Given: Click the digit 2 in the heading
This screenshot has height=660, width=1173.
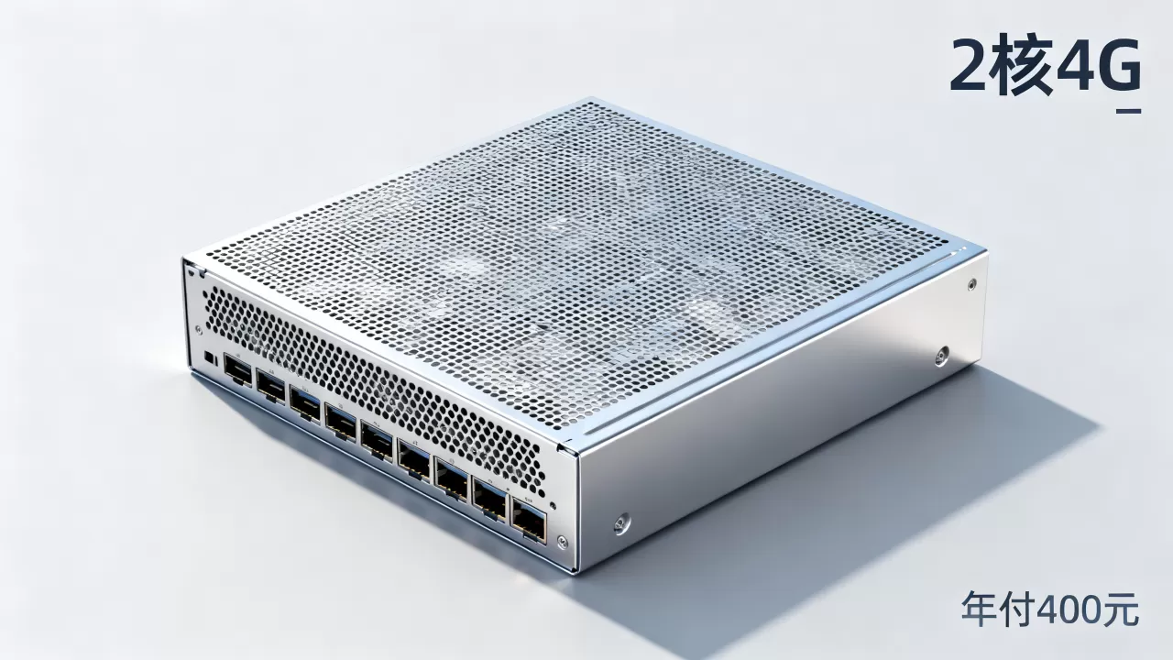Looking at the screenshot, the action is tap(970, 67).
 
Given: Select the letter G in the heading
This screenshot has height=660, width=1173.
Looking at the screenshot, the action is tap(1120, 67).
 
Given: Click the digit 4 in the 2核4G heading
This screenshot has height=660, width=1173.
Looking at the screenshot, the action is tap(1076, 67).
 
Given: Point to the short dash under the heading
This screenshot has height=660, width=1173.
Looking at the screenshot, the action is tap(1128, 111).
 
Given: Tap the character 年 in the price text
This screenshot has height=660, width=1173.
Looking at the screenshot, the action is tap(980, 609).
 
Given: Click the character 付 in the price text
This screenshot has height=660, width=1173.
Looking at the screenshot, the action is tap(1017, 609).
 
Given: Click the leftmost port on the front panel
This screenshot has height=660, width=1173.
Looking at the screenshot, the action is tap(237, 369).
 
